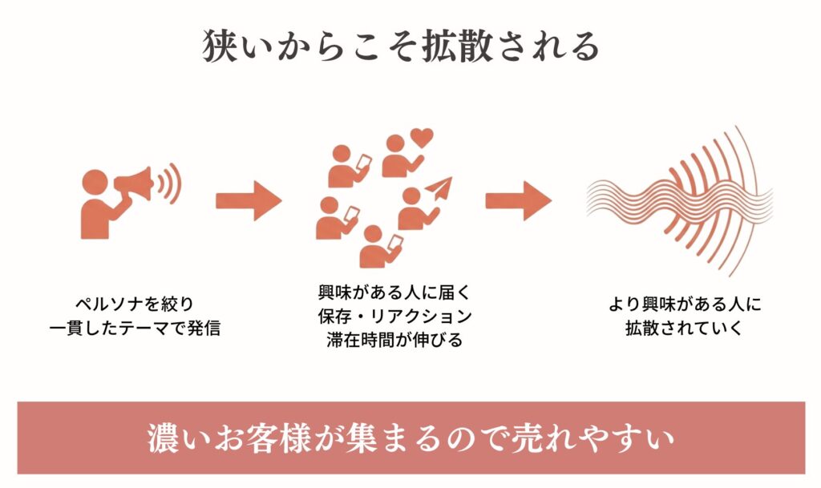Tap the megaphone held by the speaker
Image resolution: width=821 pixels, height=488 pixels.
click(x=134, y=184)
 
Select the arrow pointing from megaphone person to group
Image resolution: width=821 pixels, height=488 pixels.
click(x=249, y=200)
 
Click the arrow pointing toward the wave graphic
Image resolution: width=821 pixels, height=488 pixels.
click(x=519, y=200)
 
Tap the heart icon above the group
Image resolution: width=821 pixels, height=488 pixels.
click(x=422, y=138)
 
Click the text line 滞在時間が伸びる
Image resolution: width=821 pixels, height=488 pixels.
click(x=394, y=340)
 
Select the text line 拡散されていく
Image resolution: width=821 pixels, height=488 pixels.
click(x=685, y=328)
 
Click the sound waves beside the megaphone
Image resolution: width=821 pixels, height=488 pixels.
click(x=170, y=184)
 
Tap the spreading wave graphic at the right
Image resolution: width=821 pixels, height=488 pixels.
click(x=680, y=201)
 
